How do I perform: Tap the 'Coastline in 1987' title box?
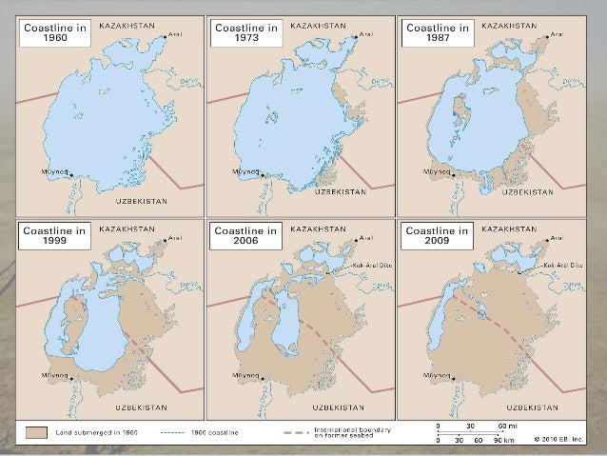(x=435, y=35)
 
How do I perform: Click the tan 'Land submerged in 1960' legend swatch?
(x=35, y=431)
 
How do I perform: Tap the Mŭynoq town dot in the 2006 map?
(x=261, y=376)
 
